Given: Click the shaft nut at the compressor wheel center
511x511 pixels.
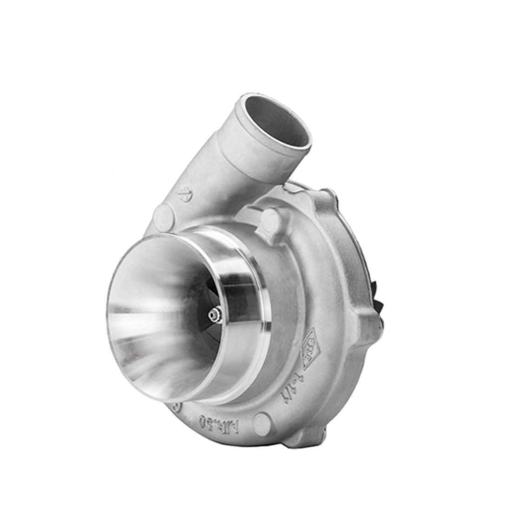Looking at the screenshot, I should tap(214, 315).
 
